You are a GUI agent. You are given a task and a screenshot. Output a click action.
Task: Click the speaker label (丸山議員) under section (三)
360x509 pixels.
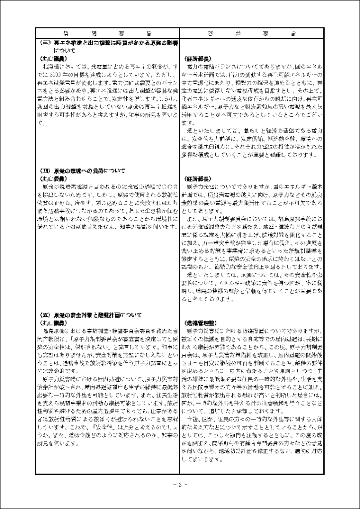click(50, 58)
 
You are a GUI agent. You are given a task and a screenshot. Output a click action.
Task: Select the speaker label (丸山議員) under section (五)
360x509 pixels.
click(50, 322)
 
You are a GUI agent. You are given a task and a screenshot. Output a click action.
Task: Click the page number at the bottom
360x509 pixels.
click(180, 485)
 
